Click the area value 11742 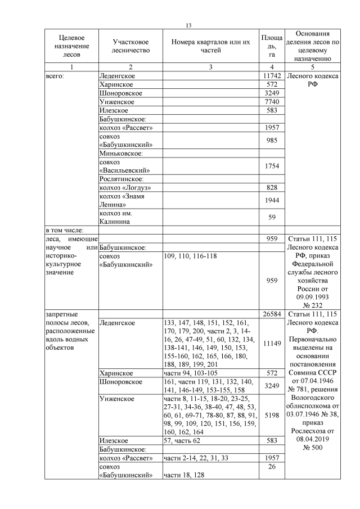(271, 75)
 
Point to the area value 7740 (271, 101)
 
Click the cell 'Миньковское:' (122, 153)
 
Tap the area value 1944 (271, 200)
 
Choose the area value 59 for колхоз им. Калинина (271, 218)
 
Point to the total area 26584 (271, 313)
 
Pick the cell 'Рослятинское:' (123, 178)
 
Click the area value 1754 (271, 166)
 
